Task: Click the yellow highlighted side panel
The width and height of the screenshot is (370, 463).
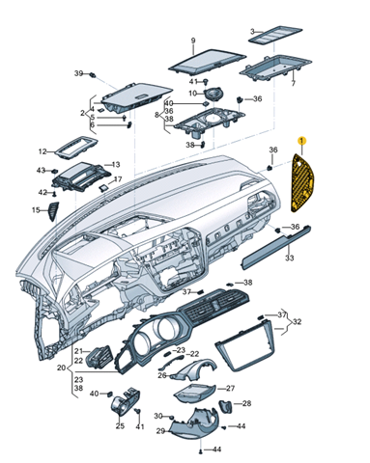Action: (x=301, y=183)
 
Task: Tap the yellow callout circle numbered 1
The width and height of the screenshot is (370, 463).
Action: (x=301, y=141)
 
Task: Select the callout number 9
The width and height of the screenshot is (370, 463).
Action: (x=193, y=41)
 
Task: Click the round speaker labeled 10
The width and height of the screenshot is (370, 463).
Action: (x=213, y=94)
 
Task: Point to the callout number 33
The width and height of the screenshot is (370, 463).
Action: (x=289, y=258)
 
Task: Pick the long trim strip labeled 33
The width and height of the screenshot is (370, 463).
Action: (x=276, y=247)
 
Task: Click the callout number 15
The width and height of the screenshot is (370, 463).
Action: (x=36, y=210)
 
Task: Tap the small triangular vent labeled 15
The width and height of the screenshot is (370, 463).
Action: (x=53, y=211)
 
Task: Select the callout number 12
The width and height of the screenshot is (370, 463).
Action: (x=43, y=151)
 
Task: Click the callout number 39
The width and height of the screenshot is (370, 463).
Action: (x=79, y=73)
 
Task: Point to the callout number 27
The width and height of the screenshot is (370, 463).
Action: (x=230, y=388)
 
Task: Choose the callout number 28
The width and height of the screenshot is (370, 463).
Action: (x=246, y=403)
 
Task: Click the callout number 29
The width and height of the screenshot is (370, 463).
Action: (x=160, y=431)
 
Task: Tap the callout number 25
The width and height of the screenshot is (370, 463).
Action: (x=120, y=426)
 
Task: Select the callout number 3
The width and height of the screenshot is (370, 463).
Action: (x=252, y=32)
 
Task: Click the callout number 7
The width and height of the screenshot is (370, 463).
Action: (x=293, y=84)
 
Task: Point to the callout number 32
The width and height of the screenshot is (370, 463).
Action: (x=297, y=321)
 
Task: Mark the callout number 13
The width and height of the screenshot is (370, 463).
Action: (x=116, y=165)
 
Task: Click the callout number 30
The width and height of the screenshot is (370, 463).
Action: (x=158, y=416)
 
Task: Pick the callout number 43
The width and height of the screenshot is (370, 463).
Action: (x=41, y=171)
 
